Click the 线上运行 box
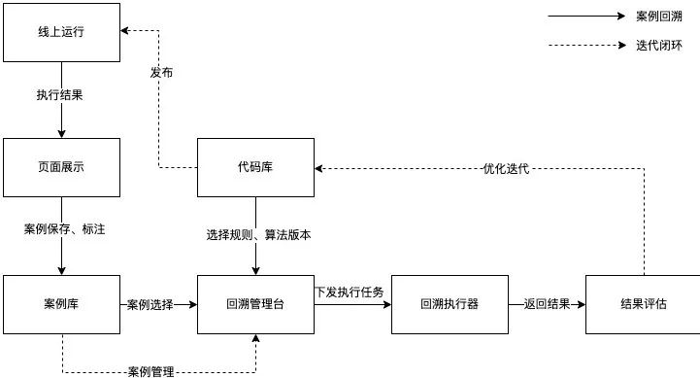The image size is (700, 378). (x=61, y=32)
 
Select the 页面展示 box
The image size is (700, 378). (x=61, y=167)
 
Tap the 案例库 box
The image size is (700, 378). (x=61, y=304)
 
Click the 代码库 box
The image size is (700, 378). (x=255, y=167)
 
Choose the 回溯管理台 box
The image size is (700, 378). (x=255, y=304)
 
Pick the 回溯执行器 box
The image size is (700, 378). (x=450, y=304)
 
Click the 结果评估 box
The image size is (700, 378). (x=644, y=304)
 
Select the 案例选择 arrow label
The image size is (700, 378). (x=150, y=304)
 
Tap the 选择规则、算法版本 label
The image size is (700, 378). (x=257, y=234)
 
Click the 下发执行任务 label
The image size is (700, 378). (x=349, y=291)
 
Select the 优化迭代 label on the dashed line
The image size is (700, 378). (x=506, y=168)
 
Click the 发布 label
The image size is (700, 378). (x=162, y=73)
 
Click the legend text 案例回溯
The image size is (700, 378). (x=658, y=17)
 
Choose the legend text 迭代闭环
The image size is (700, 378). (x=658, y=45)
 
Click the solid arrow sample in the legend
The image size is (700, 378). (x=587, y=17)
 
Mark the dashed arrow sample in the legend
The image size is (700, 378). (x=587, y=45)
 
